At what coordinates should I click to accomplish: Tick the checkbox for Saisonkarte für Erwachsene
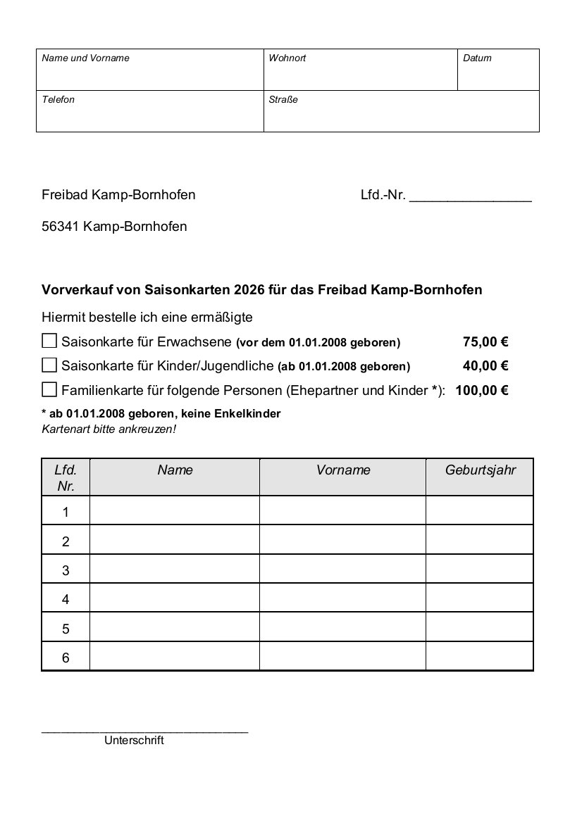coord(49,341)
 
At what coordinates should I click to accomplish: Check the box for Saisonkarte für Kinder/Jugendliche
coord(49,365)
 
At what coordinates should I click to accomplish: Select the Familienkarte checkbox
coord(49,389)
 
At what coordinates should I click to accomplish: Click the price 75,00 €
coord(485,343)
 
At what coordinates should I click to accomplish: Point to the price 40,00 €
coord(485,366)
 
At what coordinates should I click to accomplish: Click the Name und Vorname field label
coord(86,58)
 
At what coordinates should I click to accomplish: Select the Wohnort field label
coord(287,58)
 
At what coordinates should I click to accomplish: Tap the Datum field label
coord(477,58)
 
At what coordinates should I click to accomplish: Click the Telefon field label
coord(58,100)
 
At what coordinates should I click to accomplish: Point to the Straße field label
coord(283,100)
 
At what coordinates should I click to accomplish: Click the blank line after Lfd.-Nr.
coord(470,197)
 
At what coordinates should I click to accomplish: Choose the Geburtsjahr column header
coord(480,470)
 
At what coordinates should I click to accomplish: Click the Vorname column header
coord(343,470)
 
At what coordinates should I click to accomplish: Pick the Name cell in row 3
coord(174,570)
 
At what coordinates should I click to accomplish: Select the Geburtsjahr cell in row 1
coord(479,511)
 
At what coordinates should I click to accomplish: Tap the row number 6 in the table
coord(66,658)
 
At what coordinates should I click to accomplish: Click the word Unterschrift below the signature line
coord(134,741)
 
